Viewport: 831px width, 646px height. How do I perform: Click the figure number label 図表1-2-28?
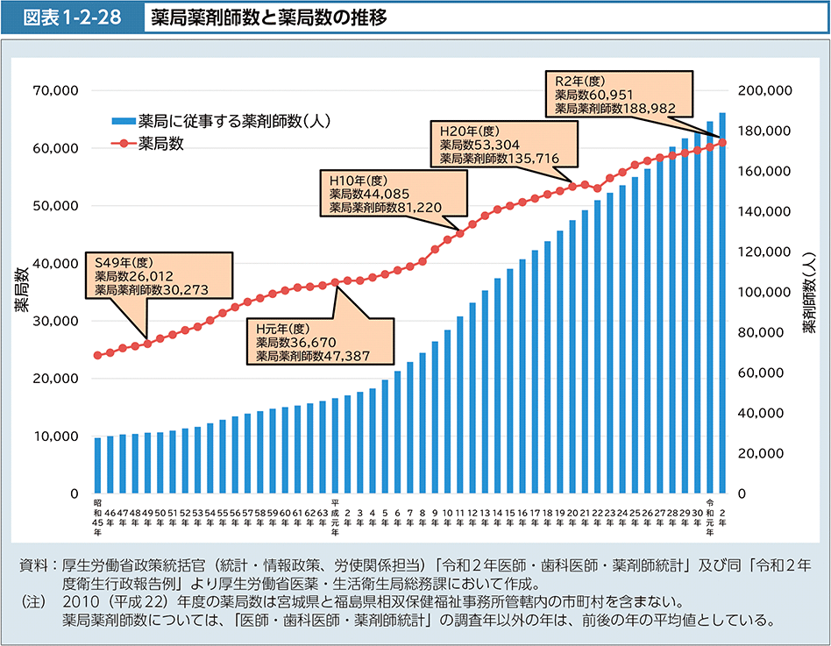(72, 18)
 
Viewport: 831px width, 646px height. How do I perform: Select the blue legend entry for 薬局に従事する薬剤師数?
(219, 121)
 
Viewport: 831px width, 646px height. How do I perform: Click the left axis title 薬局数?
(20, 292)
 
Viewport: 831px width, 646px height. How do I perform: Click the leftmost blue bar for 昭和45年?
(97, 465)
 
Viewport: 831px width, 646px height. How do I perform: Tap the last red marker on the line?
(722, 142)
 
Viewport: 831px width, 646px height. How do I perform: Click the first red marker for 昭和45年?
(97, 355)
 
